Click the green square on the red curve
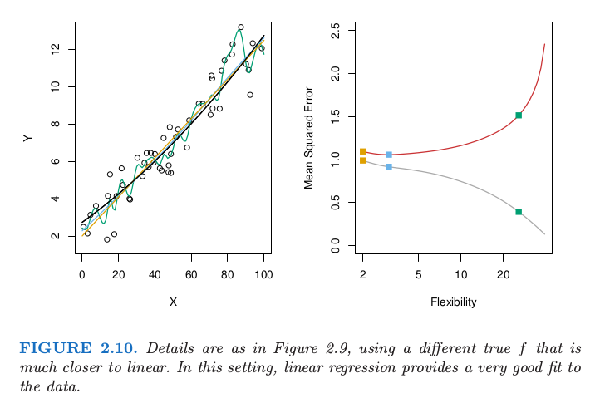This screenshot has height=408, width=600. [519, 116]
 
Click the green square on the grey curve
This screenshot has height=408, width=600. [519, 212]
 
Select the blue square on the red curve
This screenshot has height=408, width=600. [389, 155]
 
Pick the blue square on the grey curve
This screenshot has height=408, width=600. [389, 167]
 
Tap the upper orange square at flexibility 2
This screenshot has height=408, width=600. [363, 151]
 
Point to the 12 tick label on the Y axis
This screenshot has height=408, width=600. [54, 50]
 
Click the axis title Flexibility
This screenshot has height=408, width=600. [453, 302]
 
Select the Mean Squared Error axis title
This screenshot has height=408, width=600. [309, 137]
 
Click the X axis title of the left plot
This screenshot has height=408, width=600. [173, 302]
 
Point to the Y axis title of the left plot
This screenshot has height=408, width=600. [28, 138]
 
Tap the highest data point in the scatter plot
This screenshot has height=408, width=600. [241, 27]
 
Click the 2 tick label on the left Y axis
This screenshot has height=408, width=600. [54, 236]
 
